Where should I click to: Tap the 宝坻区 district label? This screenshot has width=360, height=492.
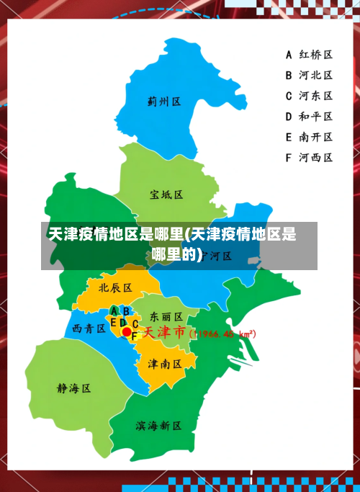tap(166, 194)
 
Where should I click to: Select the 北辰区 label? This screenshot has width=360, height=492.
tap(115, 287)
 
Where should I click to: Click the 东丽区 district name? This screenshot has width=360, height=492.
tap(166, 316)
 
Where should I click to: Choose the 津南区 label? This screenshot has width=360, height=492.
tap(165, 364)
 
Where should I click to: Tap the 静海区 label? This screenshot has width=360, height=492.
tap(74, 388)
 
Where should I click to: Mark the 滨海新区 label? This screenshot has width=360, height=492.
tap(158, 426)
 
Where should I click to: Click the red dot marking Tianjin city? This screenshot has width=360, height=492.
tap(127, 332)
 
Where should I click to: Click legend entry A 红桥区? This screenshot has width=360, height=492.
tap(308, 54)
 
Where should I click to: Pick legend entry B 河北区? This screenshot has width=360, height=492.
tap(308, 74)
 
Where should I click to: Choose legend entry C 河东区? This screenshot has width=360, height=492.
tap(308, 95)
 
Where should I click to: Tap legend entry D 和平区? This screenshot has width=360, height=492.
tap(308, 116)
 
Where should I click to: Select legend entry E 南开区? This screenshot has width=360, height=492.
tap(308, 136)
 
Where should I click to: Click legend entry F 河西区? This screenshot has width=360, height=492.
tap(308, 157)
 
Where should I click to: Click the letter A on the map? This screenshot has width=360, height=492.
tap(114, 311)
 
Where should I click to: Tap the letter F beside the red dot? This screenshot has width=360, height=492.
tap(135, 336)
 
